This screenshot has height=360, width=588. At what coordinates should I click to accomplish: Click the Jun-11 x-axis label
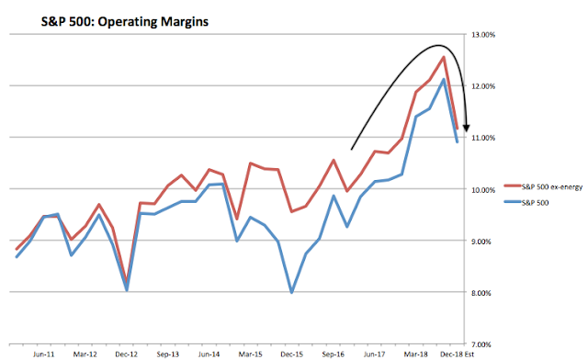point(40,352)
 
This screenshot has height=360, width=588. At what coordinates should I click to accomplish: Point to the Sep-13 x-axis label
point(167,352)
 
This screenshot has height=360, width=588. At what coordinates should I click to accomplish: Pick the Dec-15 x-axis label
point(292,352)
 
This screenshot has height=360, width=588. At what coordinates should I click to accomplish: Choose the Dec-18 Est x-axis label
point(457,352)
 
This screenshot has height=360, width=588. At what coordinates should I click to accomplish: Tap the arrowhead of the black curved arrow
point(467,125)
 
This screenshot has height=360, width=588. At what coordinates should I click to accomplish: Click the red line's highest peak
point(444,57)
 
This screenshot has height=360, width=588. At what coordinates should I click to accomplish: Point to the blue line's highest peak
point(444,79)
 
